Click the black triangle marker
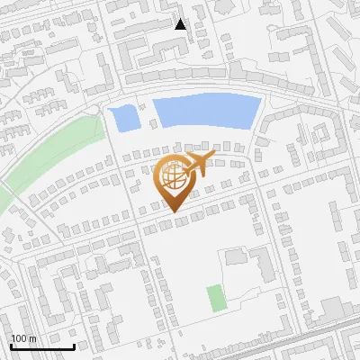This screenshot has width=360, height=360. tap(181, 24)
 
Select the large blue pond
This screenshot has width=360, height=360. tap(205, 112)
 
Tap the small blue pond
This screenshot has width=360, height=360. tap(121, 117)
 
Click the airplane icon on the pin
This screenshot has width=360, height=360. tap(196, 165)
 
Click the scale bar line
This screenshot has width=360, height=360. tap(42, 347)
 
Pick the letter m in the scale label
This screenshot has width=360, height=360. tap(32, 338)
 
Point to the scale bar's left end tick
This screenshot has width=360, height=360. tap(11, 346)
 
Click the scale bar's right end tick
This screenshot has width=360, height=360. tap(74, 346)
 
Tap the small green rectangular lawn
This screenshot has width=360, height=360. tap(215, 298)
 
